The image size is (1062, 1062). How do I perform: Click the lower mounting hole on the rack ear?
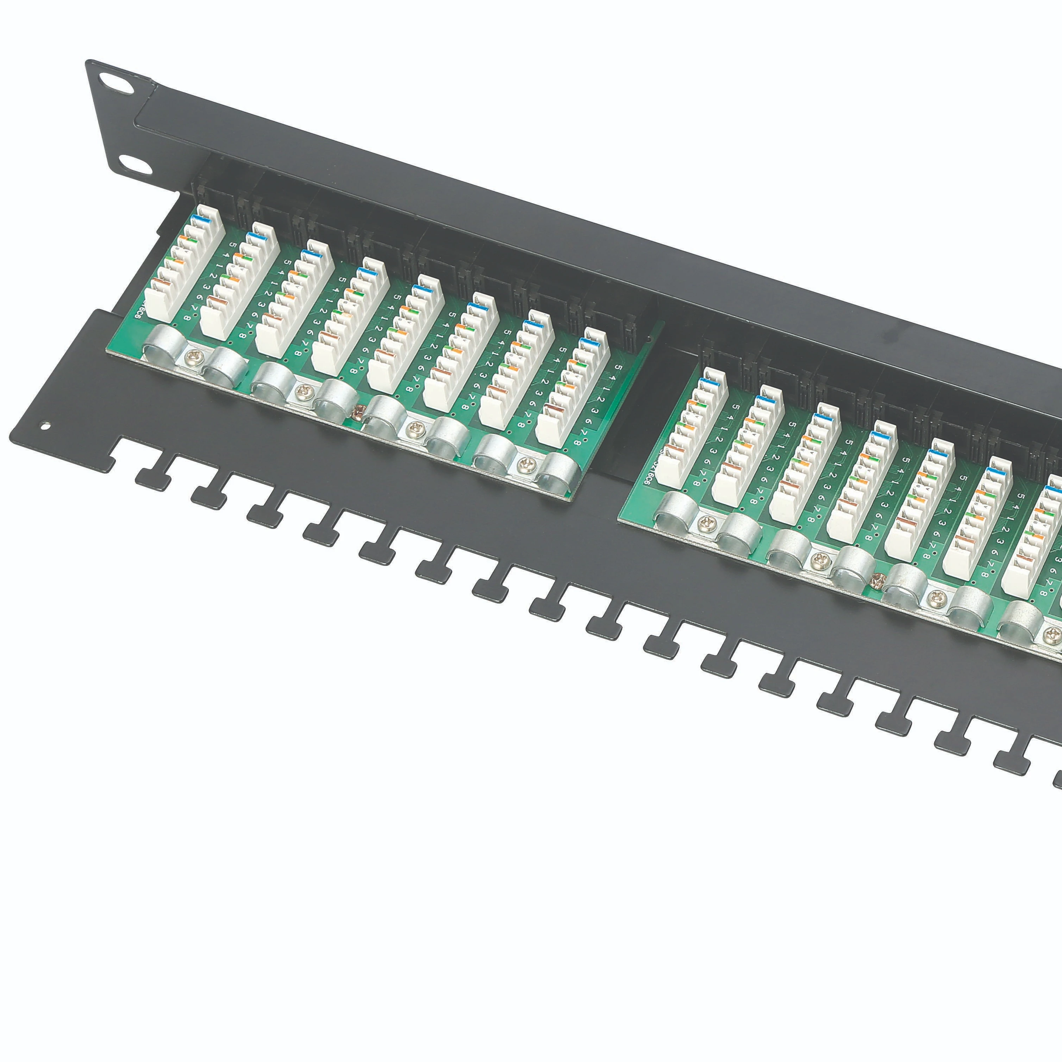pyautogui.click(x=134, y=163)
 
